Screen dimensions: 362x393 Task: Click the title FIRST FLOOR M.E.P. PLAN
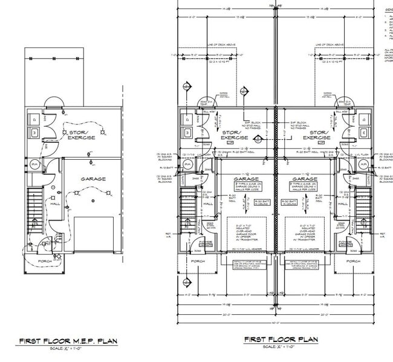pyautogui.click(x=67, y=341)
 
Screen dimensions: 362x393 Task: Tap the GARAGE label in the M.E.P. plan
pyautogui.click(x=94, y=179)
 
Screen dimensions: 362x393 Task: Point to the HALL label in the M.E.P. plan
pyautogui.click(x=55, y=204)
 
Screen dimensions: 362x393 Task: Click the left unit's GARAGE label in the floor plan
pyautogui.click(x=247, y=180)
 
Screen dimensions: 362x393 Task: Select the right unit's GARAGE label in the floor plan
pyautogui.click(x=305, y=180)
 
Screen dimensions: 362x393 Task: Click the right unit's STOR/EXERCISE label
pyautogui.click(x=315, y=134)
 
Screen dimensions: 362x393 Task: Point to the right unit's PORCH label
pyautogui.click(x=354, y=261)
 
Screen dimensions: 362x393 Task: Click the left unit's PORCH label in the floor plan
pyautogui.click(x=197, y=261)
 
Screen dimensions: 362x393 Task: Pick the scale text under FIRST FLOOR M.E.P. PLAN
pyautogui.click(x=67, y=349)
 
